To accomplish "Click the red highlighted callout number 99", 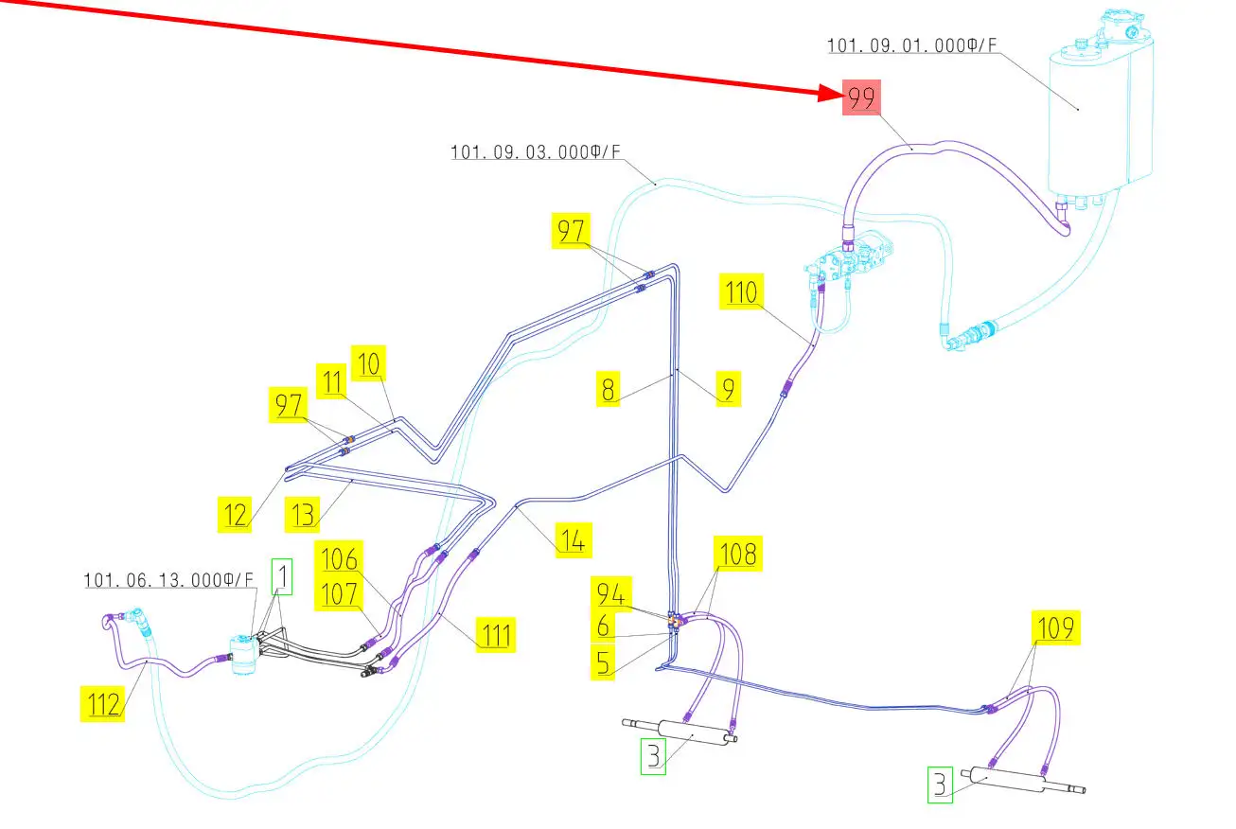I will [861, 98].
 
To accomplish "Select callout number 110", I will [741, 292].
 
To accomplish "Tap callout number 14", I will [574, 539].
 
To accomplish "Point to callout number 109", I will [1053, 626].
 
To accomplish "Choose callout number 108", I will [739, 554].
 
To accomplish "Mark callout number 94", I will [610, 594].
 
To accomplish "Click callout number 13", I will [303, 515].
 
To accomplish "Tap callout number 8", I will [609, 389].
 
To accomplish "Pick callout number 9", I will [726, 389].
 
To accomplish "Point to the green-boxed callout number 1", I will [282, 576].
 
